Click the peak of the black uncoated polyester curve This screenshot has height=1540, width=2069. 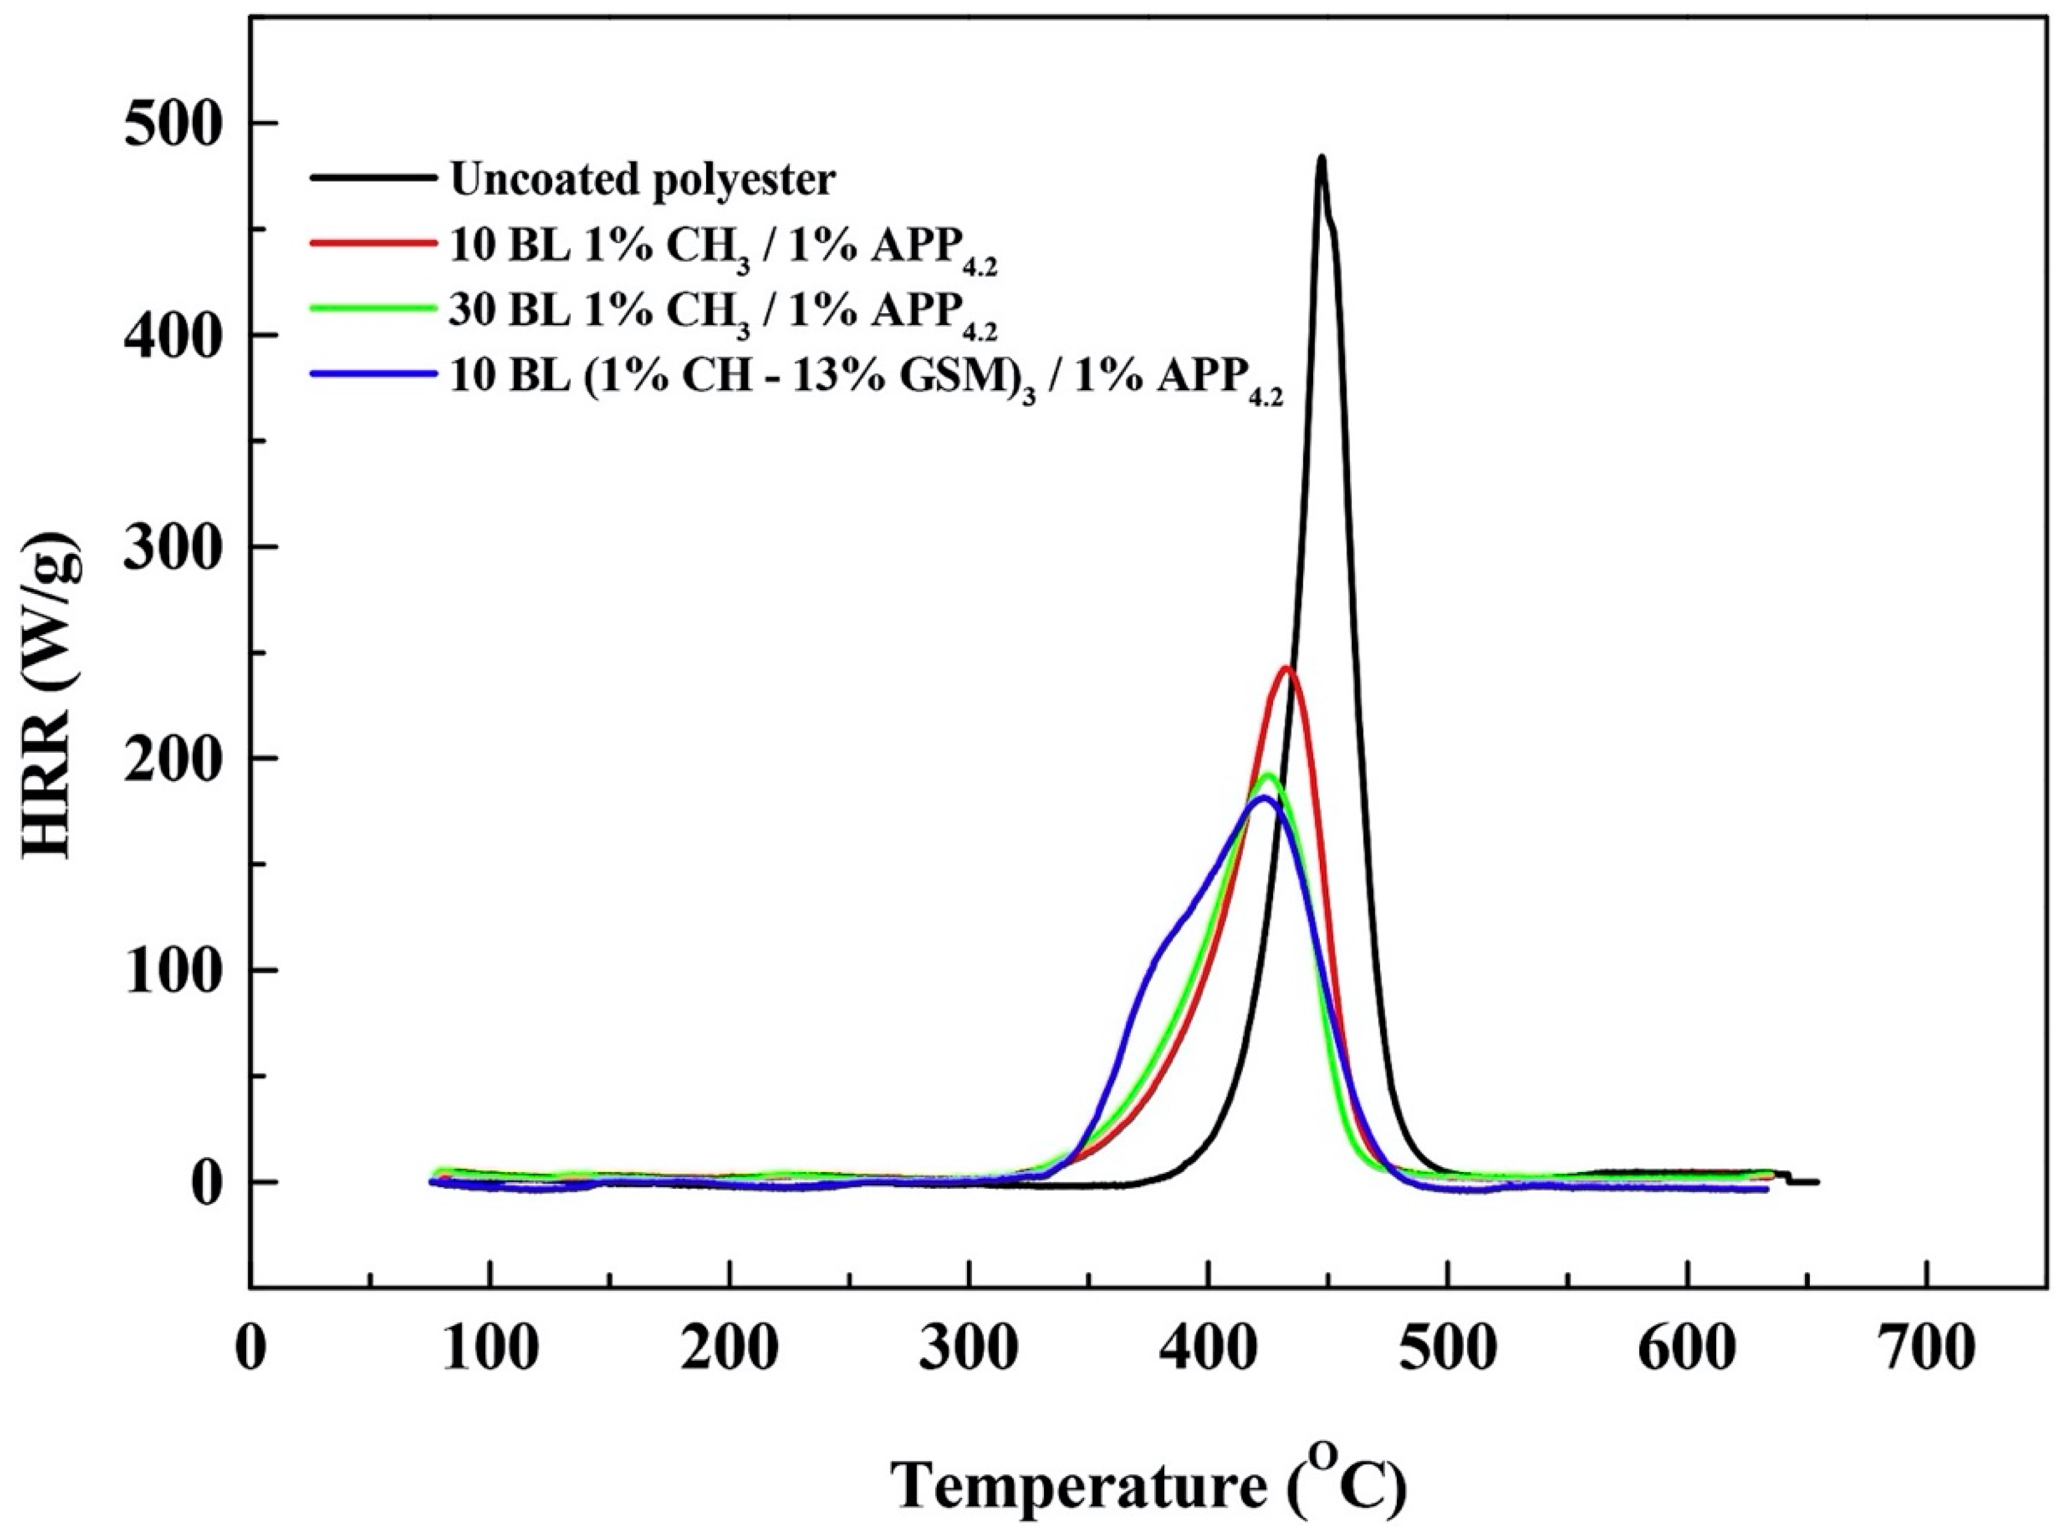1320,158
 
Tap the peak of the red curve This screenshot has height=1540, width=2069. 1288,668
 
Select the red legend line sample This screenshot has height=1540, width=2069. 373,241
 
